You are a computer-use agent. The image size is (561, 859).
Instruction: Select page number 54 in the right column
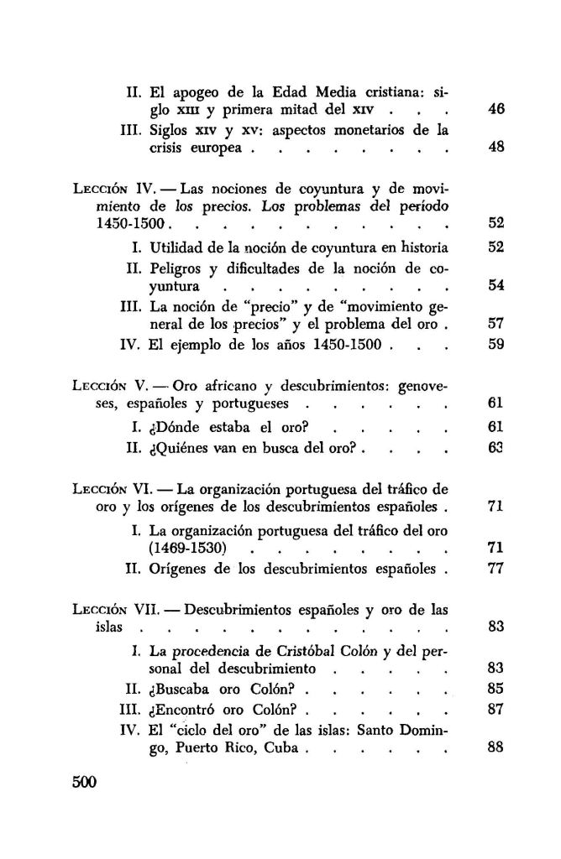tap(495, 286)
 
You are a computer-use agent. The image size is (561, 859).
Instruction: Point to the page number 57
tap(495, 321)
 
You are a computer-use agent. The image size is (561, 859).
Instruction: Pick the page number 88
tap(495, 747)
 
